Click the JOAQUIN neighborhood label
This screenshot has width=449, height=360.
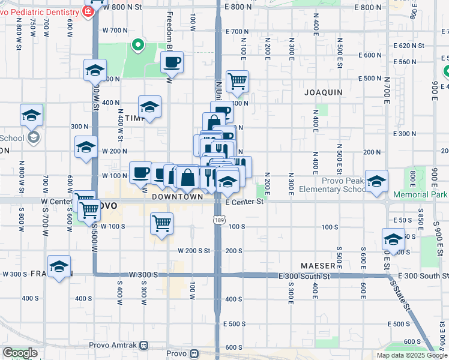323,92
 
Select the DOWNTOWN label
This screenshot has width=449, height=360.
177,196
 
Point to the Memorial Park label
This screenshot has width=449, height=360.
420,195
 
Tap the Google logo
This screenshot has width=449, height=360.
20,353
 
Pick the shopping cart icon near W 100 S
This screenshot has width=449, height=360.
162,223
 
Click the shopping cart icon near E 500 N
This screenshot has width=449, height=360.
238,80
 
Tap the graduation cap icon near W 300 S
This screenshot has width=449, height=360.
59,266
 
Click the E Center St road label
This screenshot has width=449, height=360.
245,202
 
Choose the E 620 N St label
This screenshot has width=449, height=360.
409,46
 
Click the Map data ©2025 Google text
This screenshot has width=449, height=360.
412,355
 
